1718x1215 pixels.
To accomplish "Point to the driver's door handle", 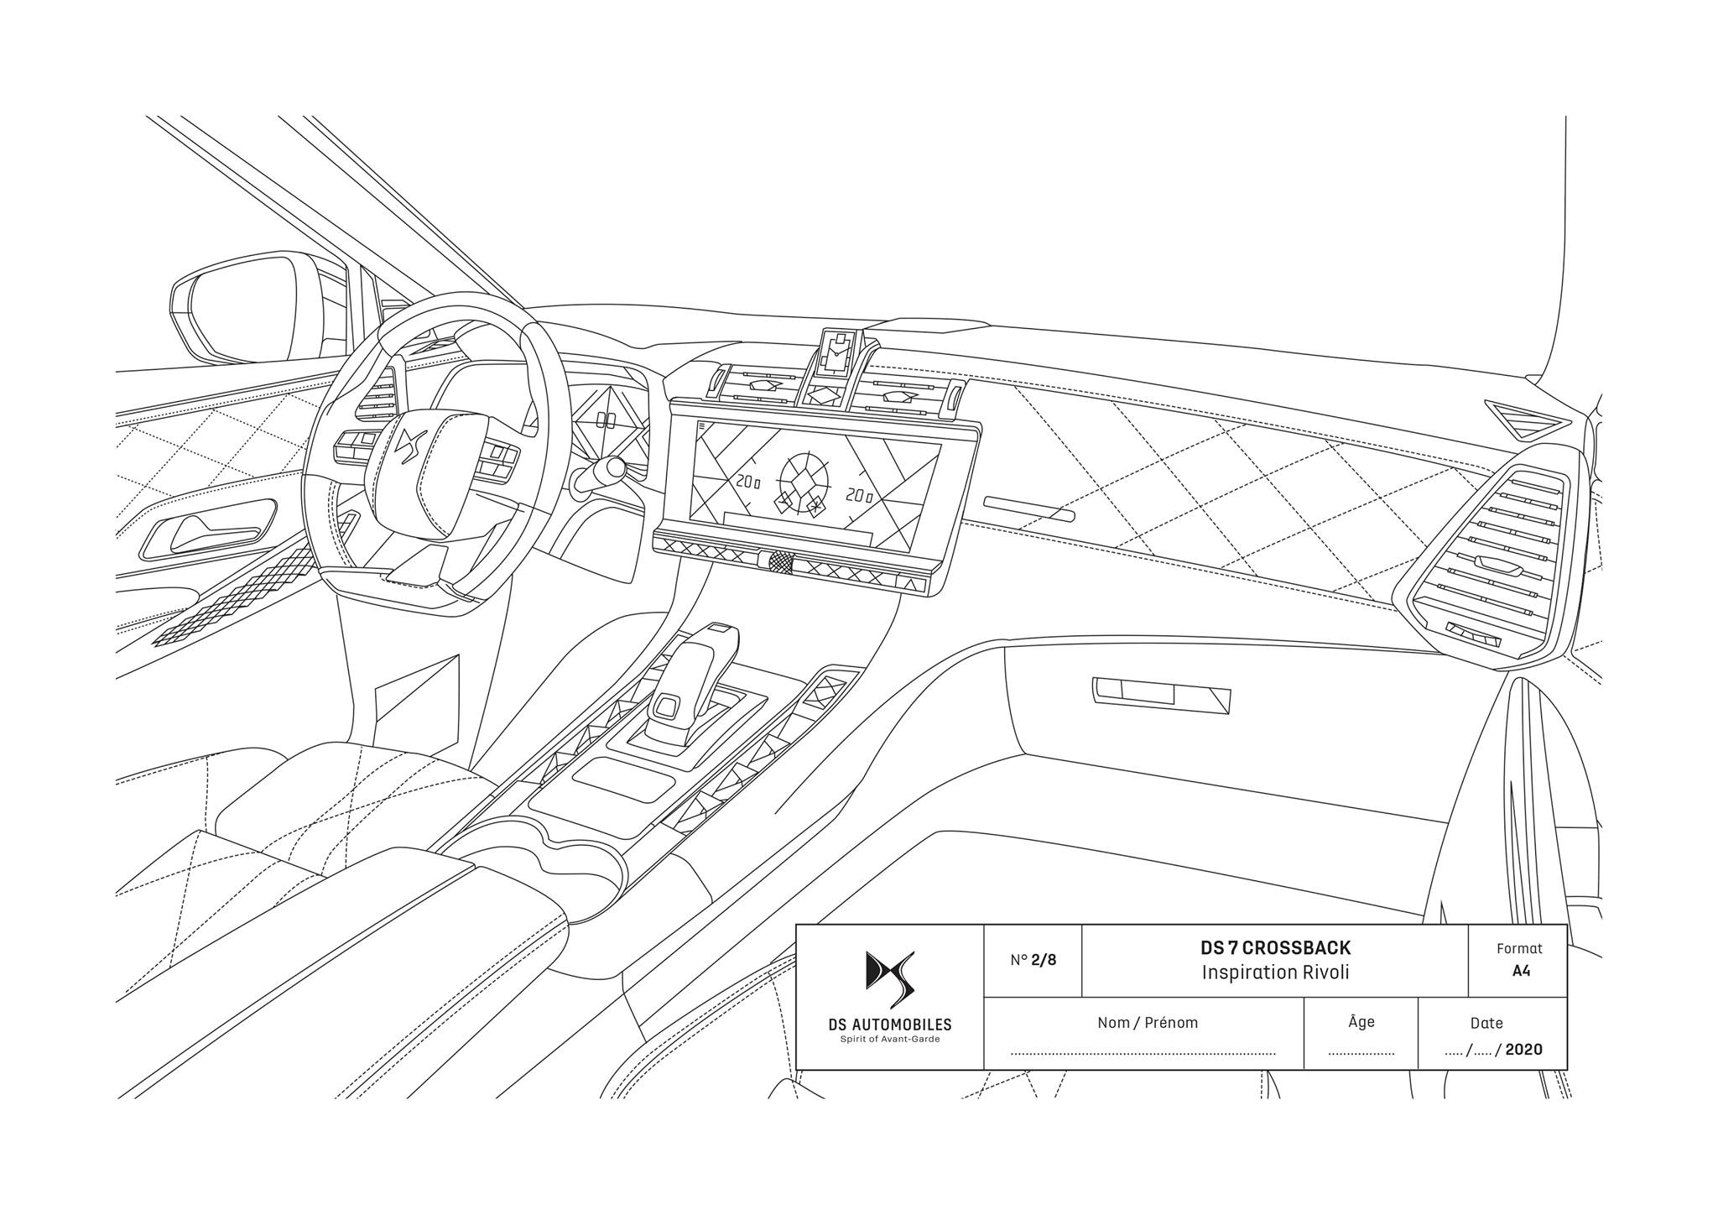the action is (x=210, y=531).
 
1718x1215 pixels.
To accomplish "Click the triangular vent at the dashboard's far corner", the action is (x=1528, y=418).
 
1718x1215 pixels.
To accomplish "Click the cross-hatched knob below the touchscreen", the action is (x=780, y=562).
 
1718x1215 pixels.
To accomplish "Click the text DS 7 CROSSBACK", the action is (x=1275, y=948).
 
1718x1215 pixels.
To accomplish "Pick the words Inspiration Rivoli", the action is (x=1275, y=973).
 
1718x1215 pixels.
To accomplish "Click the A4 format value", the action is (x=1521, y=971).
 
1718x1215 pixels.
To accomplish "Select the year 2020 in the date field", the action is (x=1523, y=1050).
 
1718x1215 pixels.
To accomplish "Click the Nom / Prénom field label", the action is (x=1148, y=1023).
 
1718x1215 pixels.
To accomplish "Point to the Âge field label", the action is (x=1361, y=1021).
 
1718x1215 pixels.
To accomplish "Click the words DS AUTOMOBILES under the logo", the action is (x=890, y=1025).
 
